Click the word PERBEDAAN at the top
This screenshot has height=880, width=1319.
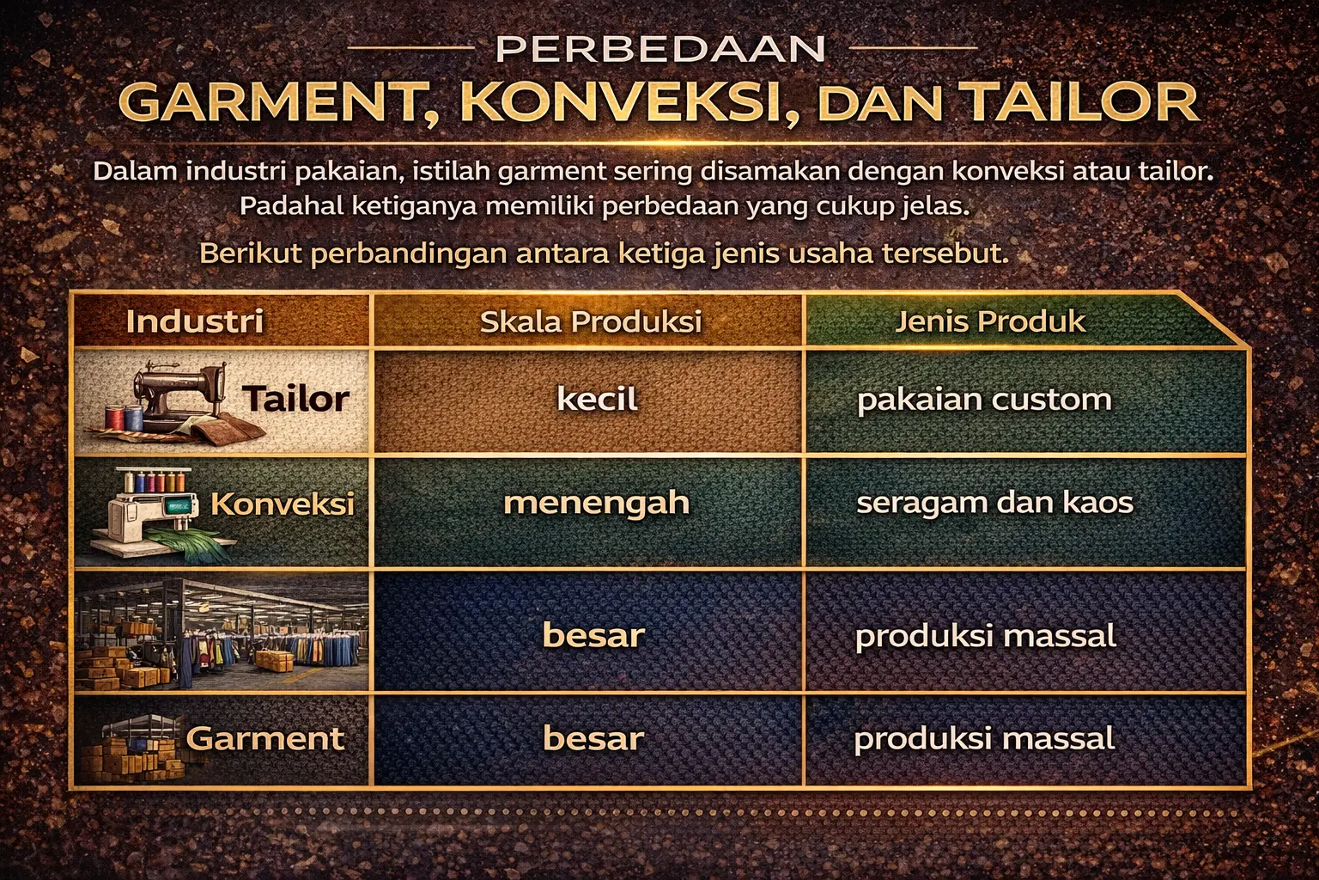[660, 49]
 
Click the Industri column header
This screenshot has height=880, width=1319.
[195, 321]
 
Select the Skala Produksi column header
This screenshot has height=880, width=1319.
[591, 321]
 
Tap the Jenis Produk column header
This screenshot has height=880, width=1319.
[990, 321]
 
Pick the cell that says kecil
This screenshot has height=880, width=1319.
[597, 399]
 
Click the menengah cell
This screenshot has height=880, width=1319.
[596, 502]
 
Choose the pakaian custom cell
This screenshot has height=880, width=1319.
[984, 399]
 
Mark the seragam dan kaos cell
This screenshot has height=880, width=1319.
[994, 502]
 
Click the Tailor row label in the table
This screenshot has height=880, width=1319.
[295, 399]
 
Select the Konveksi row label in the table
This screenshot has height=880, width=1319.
[283, 504]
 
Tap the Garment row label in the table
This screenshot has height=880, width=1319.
[265, 738]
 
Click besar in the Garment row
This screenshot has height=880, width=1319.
[593, 738]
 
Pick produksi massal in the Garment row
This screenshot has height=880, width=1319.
[984, 738]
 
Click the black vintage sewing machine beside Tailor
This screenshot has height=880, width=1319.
[172, 392]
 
